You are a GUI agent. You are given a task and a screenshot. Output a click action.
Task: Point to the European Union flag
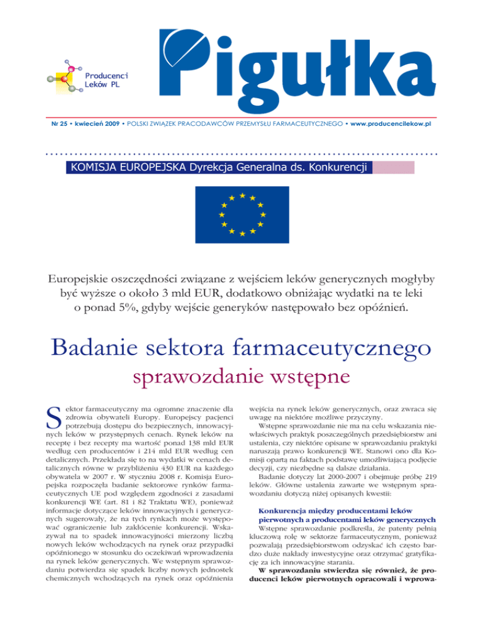[x=241, y=213]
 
